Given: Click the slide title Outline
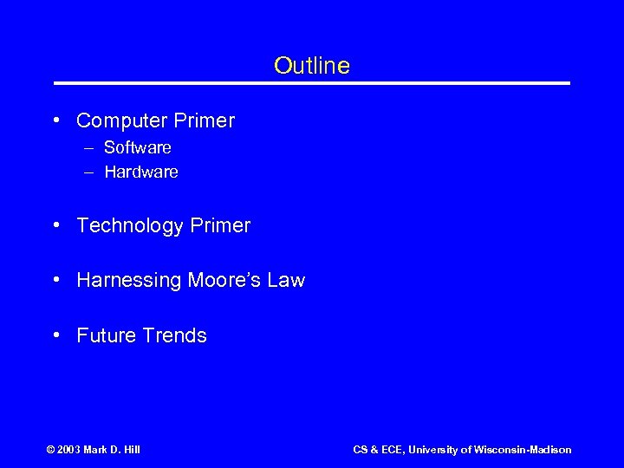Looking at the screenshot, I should [x=311, y=66].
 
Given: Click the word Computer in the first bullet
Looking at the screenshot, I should [x=119, y=120].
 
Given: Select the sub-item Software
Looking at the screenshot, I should [x=137, y=148].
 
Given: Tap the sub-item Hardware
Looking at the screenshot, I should [x=140, y=172].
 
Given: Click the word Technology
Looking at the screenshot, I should [x=130, y=226].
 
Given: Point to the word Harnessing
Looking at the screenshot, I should [x=128, y=281].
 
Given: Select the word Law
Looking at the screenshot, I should [x=286, y=281].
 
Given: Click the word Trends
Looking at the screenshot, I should [x=174, y=335].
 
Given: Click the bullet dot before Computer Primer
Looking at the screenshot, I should [x=55, y=120].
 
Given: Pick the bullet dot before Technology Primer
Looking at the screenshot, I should [x=55, y=226].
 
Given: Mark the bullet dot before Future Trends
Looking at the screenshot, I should [x=55, y=335].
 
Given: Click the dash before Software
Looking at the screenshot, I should [x=88, y=148].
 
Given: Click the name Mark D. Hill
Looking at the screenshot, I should [x=115, y=450].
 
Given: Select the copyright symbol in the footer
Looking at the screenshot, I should [x=50, y=450].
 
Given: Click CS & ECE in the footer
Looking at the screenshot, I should [x=378, y=450].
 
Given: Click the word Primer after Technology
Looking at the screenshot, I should [x=219, y=226].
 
